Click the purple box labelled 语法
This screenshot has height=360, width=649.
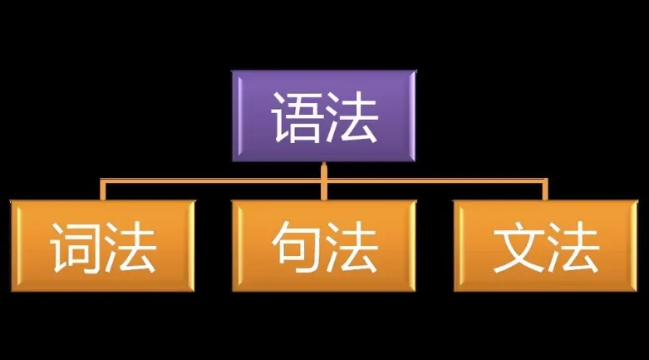(x=324, y=116)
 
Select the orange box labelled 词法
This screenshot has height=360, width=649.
(x=103, y=245)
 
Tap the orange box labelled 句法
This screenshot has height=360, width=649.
(x=324, y=245)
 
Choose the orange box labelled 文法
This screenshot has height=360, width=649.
(x=546, y=245)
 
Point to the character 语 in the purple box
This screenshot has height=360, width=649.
(x=296, y=117)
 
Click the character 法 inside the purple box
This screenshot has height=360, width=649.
(x=352, y=117)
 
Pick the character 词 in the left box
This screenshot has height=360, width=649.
(x=75, y=247)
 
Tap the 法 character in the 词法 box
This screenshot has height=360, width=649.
(x=130, y=247)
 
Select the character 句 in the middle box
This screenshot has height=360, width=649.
(x=297, y=246)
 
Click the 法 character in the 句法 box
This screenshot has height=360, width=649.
(x=352, y=247)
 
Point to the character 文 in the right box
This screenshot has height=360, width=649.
(x=519, y=247)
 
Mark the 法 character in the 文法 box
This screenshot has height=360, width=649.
(x=573, y=247)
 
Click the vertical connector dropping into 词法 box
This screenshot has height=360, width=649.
(x=103, y=190)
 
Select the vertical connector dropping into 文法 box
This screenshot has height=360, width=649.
(x=545, y=190)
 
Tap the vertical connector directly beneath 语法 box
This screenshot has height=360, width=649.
(x=324, y=181)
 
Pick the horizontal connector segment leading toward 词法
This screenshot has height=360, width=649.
(x=211, y=181)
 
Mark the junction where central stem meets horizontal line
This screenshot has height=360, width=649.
(x=324, y=181)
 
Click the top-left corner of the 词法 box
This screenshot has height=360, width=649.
(x=11, y=200)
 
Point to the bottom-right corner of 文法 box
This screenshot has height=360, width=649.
(x=638, y=292)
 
